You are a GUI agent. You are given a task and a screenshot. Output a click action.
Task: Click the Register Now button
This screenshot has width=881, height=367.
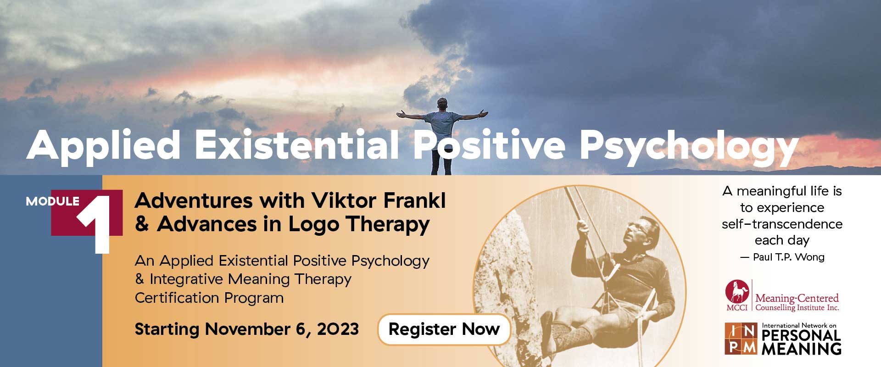(x=444, y=329)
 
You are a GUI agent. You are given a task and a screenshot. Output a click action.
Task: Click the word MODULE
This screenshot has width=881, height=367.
(x=52, y=201)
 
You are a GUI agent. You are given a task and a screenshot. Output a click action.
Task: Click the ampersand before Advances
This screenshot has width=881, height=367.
(x=142, y=225)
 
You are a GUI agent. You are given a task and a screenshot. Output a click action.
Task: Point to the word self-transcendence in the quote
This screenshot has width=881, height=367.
(x=782, y=224)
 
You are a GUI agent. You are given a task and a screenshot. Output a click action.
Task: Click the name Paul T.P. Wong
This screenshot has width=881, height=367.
(x=788, y=257)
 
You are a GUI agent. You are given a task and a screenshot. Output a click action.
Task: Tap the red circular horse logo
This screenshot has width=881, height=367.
(x=737, y=291)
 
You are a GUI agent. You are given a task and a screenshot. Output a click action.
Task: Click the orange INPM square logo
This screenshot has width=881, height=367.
(x=741, y=339)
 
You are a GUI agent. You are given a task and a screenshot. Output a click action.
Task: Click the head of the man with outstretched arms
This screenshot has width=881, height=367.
(x=442, y=104)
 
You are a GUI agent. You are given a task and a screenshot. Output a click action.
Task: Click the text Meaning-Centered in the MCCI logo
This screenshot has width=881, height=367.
(x=797, y=298)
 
